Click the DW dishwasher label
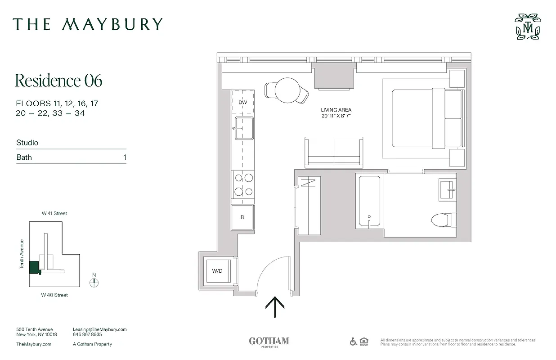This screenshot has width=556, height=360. click(243, 103)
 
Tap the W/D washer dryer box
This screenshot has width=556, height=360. click(218, 271)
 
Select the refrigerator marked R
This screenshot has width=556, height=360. click(242, 217)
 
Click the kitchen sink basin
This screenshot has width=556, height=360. click(243, 128)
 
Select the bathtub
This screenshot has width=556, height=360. click(369, 201)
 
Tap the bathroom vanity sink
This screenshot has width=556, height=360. click(448, 189)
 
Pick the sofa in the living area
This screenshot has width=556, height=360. click(334, 151)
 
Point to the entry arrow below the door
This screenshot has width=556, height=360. click(275, 307)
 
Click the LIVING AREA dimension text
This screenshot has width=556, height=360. click(336, 113)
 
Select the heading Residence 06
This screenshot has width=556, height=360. click(58, 81)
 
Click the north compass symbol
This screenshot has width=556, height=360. click(94, 283)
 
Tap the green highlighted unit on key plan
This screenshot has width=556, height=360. click(34, 267)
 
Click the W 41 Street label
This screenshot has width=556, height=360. click(54, 213)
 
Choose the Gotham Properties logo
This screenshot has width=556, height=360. click(269, 342)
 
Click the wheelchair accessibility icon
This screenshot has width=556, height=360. click(354, 342)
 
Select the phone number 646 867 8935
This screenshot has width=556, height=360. click(87, 335)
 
